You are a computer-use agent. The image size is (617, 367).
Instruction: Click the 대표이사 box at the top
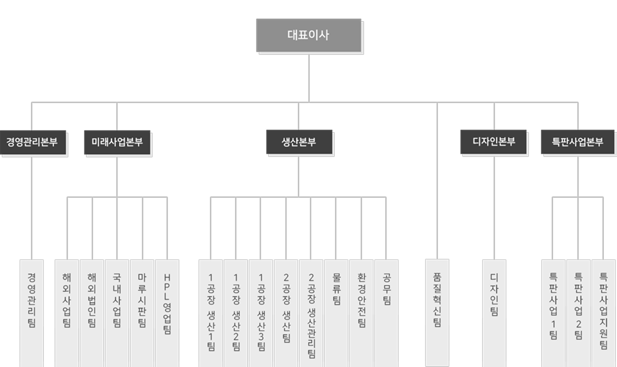pos(309,36)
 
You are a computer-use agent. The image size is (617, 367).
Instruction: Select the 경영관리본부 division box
pos(32,142)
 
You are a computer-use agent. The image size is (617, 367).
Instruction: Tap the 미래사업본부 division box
pos(117,142)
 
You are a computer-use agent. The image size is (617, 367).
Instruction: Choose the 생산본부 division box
pos(299,142)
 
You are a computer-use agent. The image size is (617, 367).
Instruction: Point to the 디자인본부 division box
pos(493,142)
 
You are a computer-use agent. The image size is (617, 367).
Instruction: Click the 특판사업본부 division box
pos(577,142)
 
